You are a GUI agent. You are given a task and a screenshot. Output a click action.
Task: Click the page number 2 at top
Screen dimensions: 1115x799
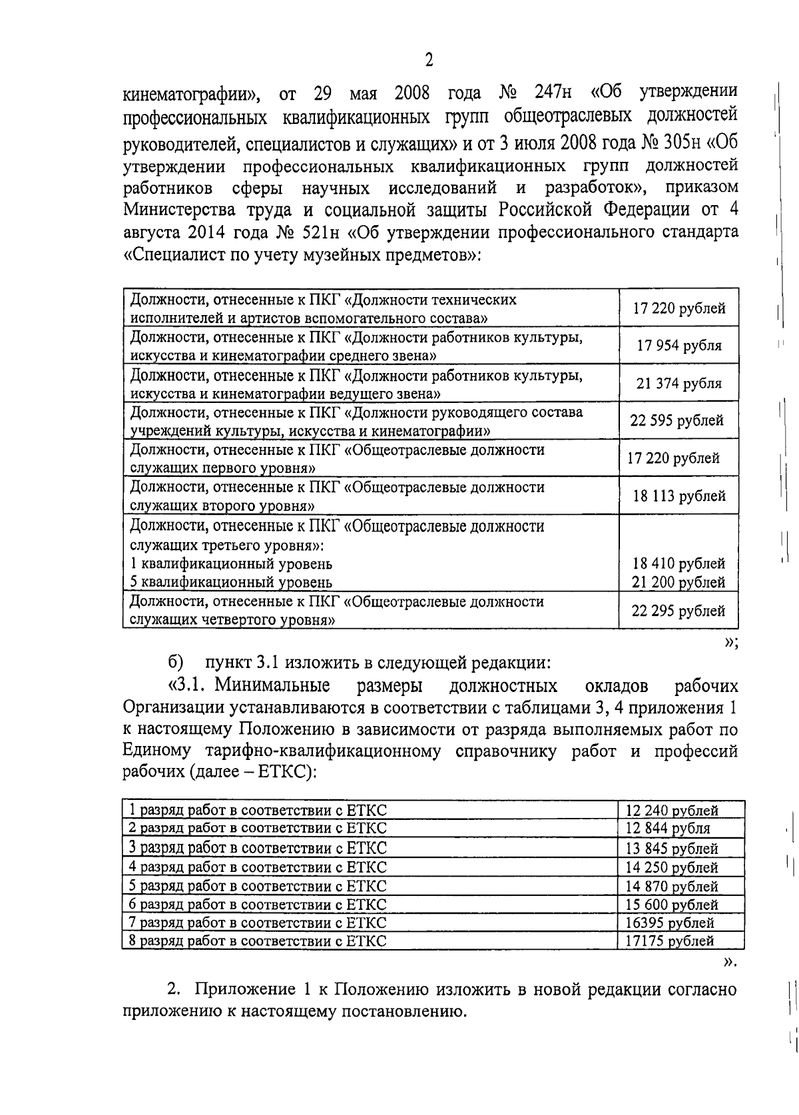coord(429,61)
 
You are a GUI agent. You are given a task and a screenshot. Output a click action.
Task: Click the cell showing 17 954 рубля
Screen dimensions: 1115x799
coord(678,346)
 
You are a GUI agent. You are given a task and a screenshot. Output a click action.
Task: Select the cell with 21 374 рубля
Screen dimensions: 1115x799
coord(678,384)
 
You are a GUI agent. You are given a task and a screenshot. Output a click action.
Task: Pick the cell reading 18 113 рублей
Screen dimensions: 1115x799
coord(678,496)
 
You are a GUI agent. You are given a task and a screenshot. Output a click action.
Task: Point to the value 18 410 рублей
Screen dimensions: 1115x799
coord(678,563)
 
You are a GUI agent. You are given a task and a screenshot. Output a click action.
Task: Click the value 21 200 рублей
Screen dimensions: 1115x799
coord(678,582)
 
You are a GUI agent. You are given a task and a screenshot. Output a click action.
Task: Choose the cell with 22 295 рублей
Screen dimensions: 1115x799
coord(678,611)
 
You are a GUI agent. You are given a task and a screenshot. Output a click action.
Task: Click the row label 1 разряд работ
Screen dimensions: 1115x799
coord(258,811)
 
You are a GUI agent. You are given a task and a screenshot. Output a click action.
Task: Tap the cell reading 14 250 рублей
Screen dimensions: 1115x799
coord(672,867)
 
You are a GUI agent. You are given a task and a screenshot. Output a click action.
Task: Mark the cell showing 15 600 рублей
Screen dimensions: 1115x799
coord(672,905)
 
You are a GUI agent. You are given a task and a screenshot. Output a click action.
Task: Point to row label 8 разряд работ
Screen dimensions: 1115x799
coord(258,941)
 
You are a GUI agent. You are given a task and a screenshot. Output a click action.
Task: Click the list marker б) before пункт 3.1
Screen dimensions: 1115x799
coord(175,663)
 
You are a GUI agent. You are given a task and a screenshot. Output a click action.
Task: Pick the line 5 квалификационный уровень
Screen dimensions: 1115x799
coord(230,582)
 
